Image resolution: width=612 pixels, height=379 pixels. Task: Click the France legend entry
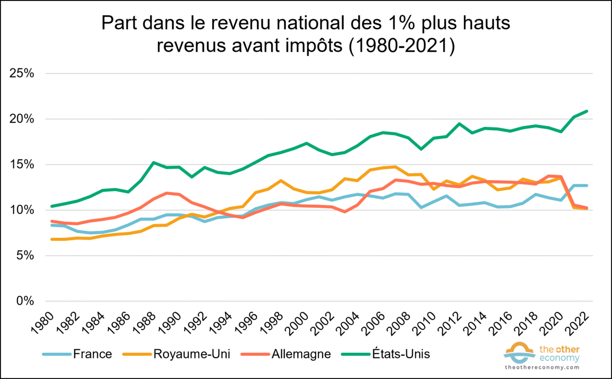coord(92,354)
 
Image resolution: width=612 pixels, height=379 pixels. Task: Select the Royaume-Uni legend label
coord(191,354)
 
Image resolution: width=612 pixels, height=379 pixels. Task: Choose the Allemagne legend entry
coord(301,354)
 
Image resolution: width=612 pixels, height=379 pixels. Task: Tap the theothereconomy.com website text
coord(542,368)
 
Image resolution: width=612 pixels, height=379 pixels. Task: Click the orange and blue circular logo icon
coord(518,352)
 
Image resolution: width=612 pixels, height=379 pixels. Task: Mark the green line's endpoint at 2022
coord(587,111)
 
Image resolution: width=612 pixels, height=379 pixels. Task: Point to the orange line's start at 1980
coord(52,239)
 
